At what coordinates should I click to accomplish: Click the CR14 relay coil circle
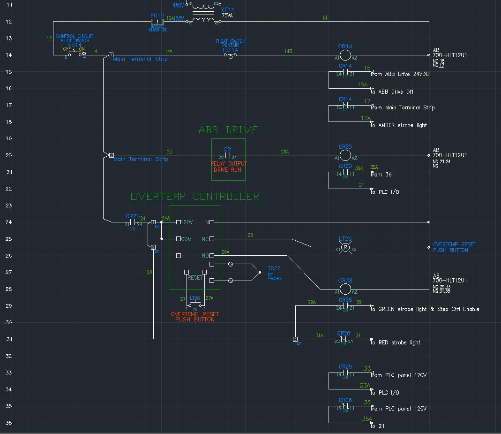(x=345, y=55)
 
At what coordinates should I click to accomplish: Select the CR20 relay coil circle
(x=345, y=155)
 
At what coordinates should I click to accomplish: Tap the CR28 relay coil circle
(x=345, y=289)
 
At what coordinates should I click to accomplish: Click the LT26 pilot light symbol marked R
(x=345, y=247)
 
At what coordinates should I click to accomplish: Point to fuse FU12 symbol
(x=157, y=22)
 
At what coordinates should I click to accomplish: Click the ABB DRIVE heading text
(x=228, y=130)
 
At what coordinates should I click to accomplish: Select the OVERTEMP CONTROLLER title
(x=194, y=196)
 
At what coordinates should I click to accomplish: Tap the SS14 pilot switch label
(x=75, y=45)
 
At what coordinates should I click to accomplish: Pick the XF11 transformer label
(x=227, y=10)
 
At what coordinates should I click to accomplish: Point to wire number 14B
(x=288, y=51)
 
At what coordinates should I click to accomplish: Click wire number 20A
(x=284, y=152)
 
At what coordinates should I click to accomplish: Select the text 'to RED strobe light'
(x=396, y=343)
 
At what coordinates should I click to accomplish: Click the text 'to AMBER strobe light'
(x=399, y=125)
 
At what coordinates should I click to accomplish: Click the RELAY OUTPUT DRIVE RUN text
(x=229, y=167)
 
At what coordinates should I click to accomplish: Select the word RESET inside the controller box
(x=195, y=278)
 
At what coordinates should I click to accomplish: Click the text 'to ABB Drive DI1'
(x=392, y=92)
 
